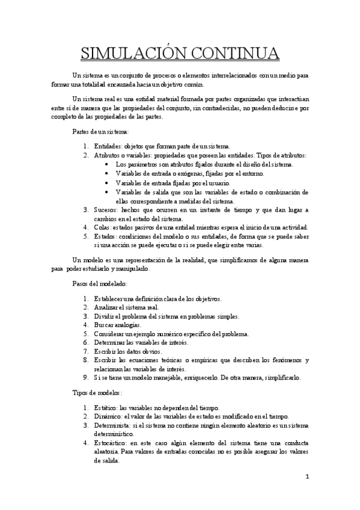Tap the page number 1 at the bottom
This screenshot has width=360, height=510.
(307, 478)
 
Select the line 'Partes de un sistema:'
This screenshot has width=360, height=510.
(100, 132)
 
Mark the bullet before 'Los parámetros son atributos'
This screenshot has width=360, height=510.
(107, 164)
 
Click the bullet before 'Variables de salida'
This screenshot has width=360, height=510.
(107, 192)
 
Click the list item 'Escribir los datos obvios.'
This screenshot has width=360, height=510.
(128, 351)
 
